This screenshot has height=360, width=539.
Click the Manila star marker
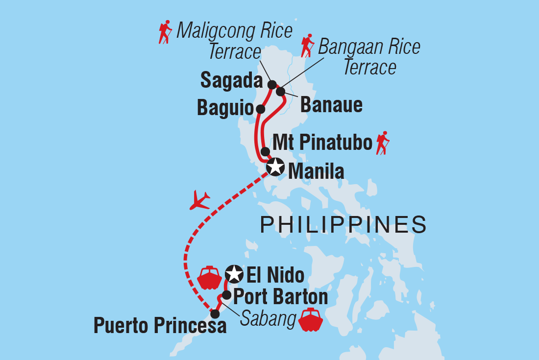(x=275, y=167)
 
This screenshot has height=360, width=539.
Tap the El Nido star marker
(x=234, y=274)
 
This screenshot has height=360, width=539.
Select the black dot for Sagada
(x=272, y=85)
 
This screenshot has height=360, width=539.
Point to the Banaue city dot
(x=281, y=92)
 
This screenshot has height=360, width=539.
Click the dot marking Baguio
(x=261, y=108)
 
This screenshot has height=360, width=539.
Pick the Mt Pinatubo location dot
(x=265, y=151)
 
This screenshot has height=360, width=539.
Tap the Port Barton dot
(x=226, y=295)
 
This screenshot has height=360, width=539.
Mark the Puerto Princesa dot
(x=215, y=313)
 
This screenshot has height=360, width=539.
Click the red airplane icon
(x=199, y=200)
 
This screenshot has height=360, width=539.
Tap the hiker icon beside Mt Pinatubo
(x=382, y=143)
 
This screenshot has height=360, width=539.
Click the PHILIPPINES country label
(x=343, y=225)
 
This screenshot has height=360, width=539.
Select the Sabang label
(x=269, y=320)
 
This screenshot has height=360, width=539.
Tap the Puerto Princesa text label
(x=160, y=326)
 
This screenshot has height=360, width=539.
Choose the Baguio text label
(x=224, y=109)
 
